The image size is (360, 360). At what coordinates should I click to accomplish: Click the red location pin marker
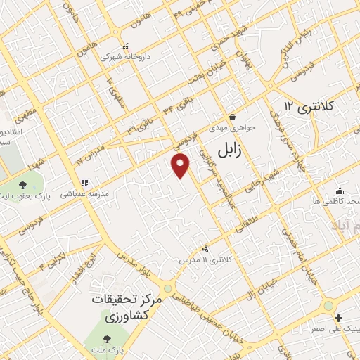tap(181, 165)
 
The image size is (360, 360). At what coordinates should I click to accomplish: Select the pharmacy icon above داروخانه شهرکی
tap(125, 48)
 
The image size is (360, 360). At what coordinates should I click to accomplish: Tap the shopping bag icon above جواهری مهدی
tap(232, 117)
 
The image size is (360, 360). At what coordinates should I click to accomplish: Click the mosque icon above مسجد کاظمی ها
tap(340, 190)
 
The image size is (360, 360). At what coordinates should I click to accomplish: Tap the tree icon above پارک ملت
tap(106, 338)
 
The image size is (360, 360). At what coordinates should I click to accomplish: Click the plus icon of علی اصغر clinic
tap(339, 319)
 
